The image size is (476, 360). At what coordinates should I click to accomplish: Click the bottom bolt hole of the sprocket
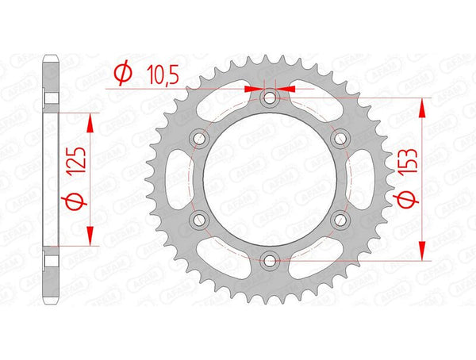click(x=270, y=259)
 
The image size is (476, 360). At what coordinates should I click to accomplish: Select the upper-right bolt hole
click(x=340, y=138)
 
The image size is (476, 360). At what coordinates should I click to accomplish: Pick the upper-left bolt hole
click(x=200, y=138)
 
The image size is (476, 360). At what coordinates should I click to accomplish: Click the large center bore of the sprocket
click(x=270, y=178)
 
